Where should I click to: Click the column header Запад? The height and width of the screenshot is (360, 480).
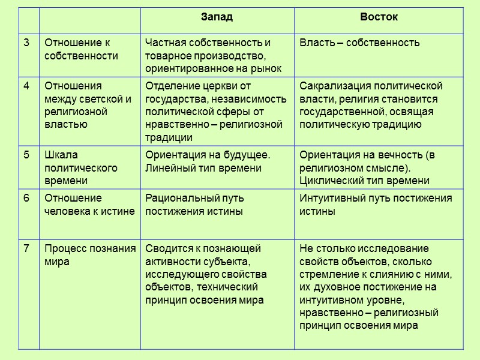[x=217, y=17]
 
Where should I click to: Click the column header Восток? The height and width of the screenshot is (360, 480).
[x=379, y=17]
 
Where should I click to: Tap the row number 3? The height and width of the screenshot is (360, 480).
[x=26, y=43]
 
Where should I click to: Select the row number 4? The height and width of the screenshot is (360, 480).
[x=26, y=85]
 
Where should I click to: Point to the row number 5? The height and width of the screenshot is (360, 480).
[x=26, y=155]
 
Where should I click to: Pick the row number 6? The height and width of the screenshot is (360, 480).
[x=26, y=198]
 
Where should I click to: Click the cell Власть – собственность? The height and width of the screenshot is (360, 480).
[x=359, y=43]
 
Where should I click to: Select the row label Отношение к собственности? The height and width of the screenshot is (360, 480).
[x=81, y=49]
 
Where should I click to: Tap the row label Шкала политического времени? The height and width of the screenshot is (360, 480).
[x=81, y=167]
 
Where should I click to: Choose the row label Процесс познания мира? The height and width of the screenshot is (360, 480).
[x=89, y=255]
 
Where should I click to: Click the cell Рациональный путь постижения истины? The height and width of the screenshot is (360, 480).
[x=194, y=205]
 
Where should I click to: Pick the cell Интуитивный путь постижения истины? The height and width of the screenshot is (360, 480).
[x=376, y=205]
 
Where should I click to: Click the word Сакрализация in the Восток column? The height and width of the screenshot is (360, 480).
[x=328, y=85]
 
